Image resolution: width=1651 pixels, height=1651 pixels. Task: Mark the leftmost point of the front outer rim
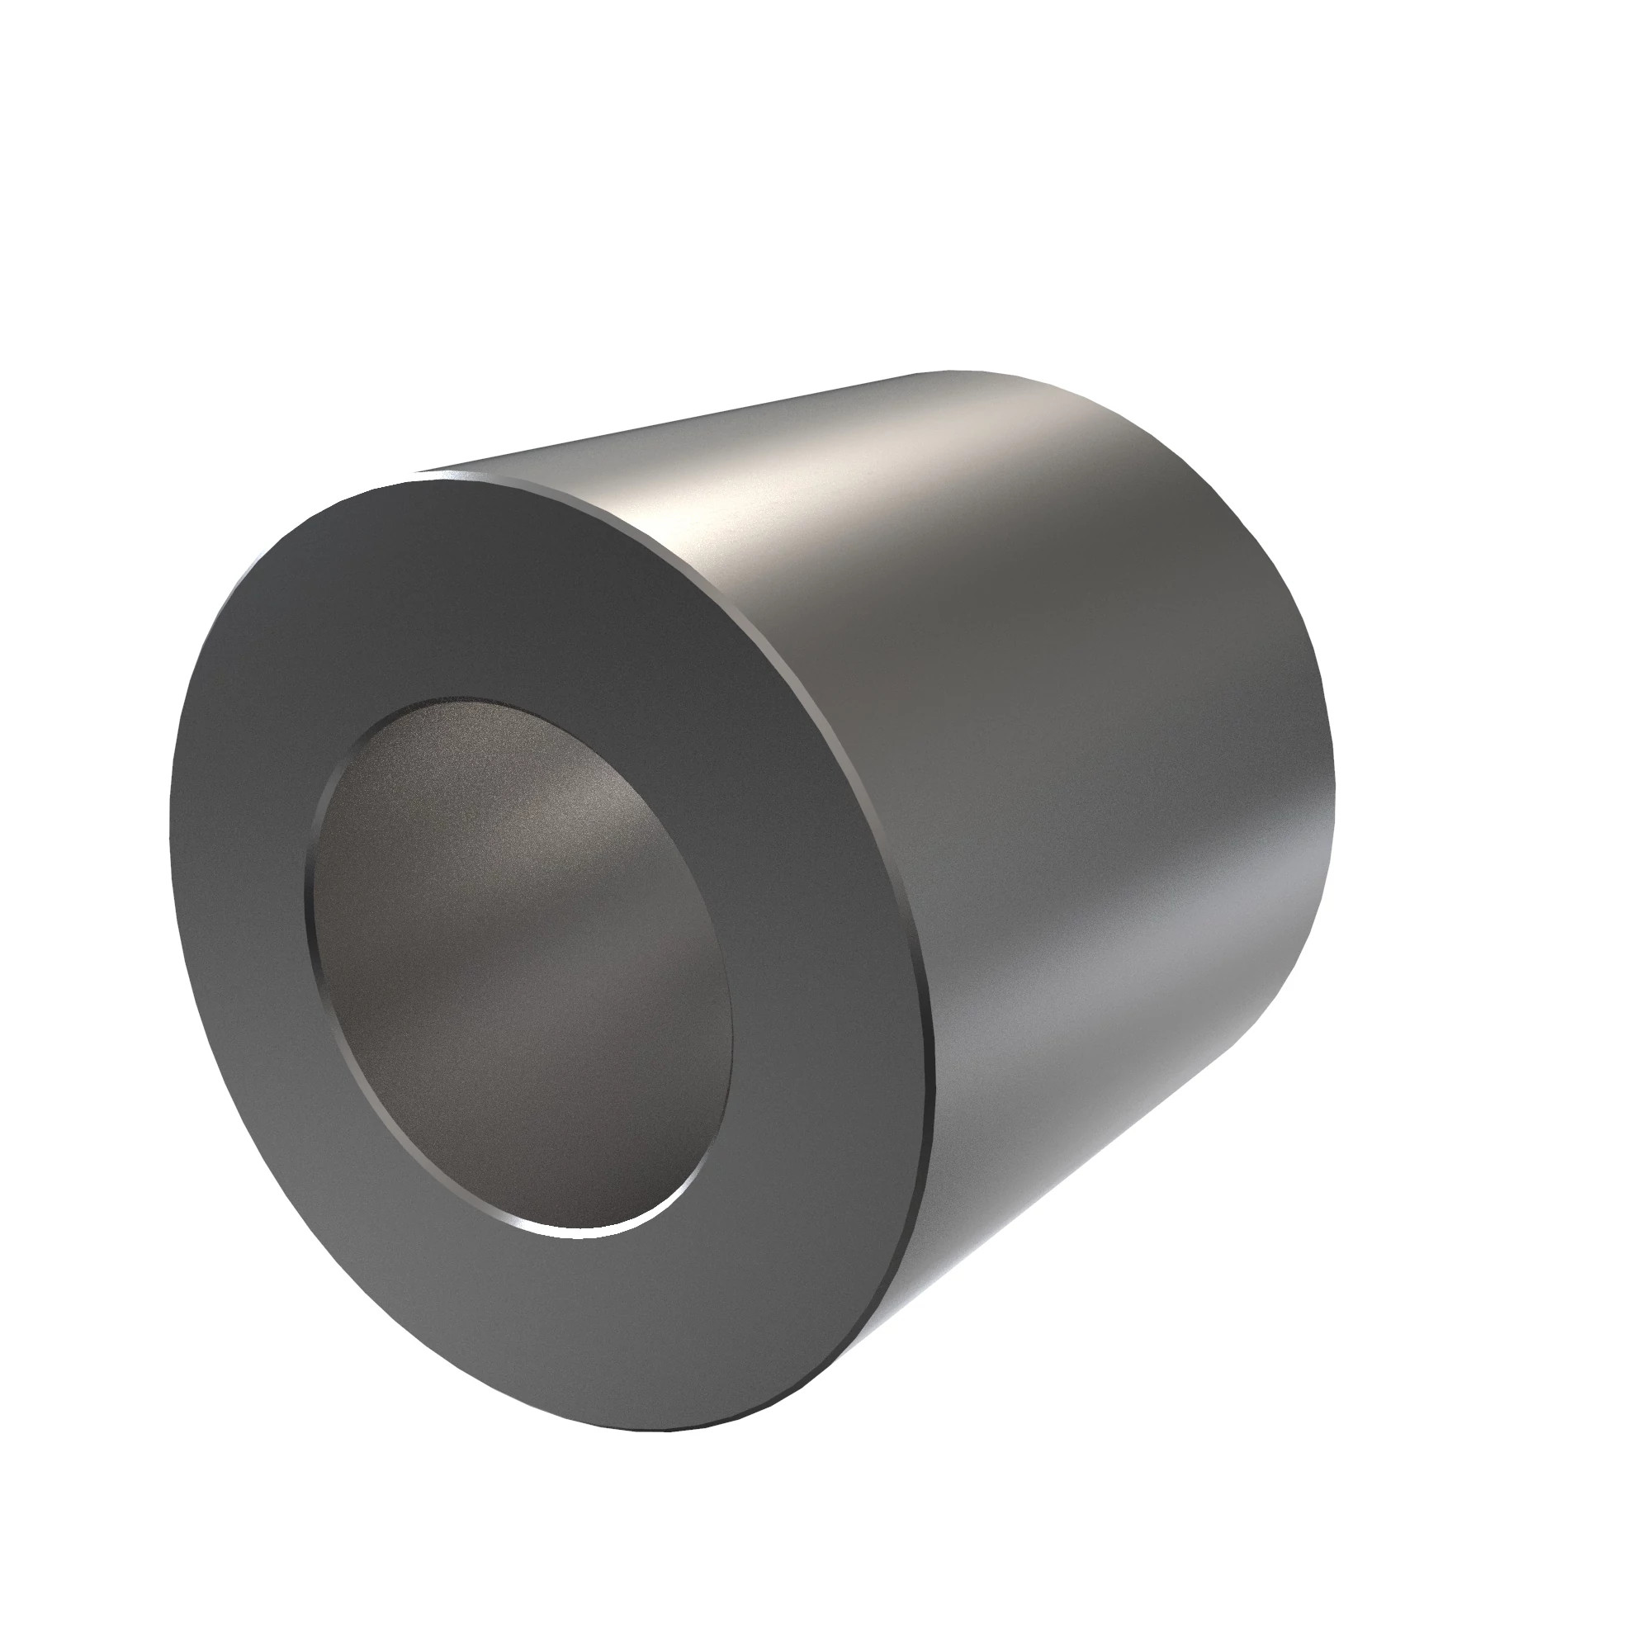click(x=170, y=811)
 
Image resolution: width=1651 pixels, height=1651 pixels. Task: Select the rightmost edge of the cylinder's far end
click(x=1334, y=769)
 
